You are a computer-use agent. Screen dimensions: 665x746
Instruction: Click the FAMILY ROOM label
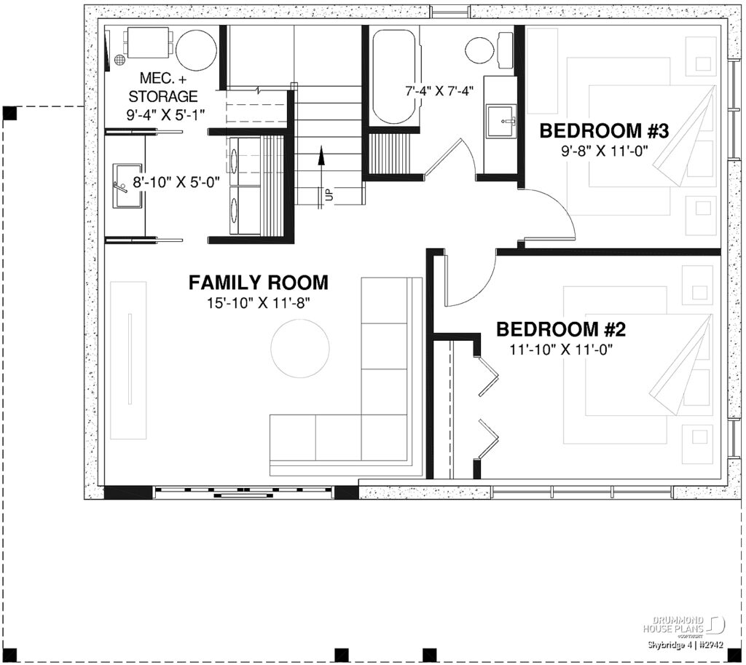[258, 283]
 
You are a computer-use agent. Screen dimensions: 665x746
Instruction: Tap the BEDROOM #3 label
[604, 131]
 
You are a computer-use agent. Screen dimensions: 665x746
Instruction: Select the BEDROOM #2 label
[561, 330]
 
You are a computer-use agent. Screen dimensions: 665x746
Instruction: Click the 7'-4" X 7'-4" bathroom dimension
[439, 91]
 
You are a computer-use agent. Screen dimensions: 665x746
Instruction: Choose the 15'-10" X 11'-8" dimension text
[259, 302]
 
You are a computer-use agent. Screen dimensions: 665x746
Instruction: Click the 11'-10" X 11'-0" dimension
[562, 350]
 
